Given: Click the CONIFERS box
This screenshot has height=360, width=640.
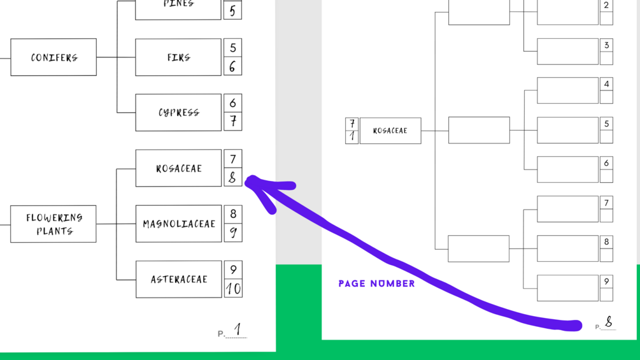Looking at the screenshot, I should (53, 57).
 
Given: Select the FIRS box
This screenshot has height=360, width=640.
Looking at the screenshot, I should (178, 57).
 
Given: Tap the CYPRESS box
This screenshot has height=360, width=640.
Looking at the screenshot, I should (178, 113).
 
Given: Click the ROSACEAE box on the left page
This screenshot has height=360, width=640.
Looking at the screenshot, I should (178, 168).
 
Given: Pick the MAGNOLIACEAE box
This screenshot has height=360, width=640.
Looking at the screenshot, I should (178, 224).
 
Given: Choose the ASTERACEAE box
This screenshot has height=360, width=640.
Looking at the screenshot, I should (178, 279).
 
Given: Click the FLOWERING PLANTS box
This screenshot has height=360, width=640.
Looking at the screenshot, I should (53, 224).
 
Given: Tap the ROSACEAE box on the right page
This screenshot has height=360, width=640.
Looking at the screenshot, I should (390, 131).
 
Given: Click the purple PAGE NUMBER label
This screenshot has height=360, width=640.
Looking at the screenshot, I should (376, 284).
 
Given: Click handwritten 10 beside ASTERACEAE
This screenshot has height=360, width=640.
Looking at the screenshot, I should (233, 289).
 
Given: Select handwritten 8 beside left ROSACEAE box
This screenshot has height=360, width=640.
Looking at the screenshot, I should (233, 178).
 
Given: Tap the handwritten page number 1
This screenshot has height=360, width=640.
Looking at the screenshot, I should (237, 329).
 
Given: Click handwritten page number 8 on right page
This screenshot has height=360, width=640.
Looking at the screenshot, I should (609, 322).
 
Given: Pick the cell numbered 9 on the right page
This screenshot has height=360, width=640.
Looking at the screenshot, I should (606, 281).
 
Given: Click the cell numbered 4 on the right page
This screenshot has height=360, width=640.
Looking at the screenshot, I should (606, 83).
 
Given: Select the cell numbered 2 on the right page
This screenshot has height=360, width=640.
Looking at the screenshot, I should (606, 5).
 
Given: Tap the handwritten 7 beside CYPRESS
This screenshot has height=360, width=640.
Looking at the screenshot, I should (233, 121).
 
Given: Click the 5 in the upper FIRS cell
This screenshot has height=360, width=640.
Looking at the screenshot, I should (233, 48).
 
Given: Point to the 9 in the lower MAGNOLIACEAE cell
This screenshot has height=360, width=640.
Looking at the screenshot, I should (233, 233).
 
